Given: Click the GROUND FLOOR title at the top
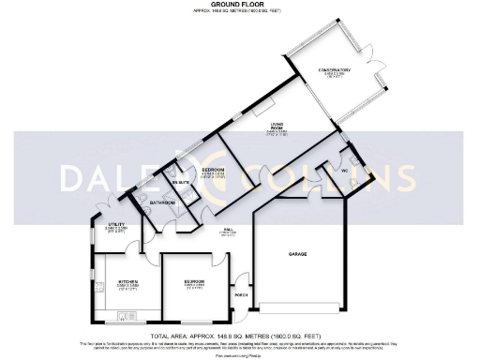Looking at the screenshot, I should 240,5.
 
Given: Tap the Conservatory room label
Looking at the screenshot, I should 334,70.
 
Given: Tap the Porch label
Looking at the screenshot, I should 240,300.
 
